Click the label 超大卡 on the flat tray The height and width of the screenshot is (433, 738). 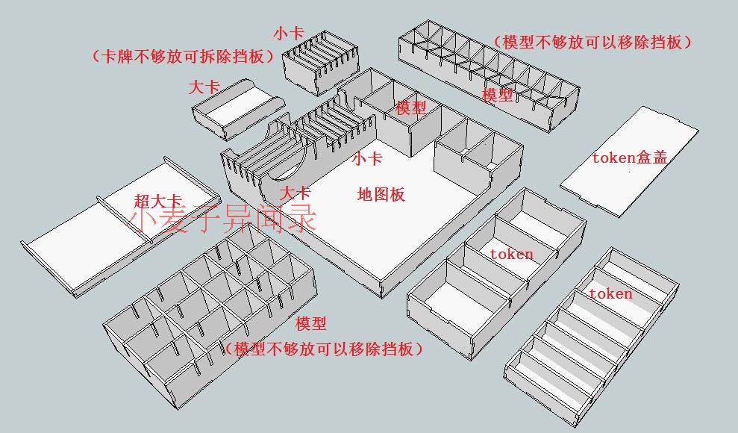click(158, 201)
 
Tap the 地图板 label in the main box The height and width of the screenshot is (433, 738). click(381, 195)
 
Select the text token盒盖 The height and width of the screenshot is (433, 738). click(629, 158)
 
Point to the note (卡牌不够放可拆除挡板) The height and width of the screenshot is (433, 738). click(180, 56)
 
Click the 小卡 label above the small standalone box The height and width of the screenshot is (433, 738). click(288, 33)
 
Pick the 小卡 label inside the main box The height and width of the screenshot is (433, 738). click(367, 158)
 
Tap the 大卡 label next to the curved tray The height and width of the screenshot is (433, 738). click(204, 87)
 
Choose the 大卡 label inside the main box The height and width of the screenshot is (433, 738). click(294, 193)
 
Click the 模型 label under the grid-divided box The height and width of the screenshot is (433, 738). click(310, 324)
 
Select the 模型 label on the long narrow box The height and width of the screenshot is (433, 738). click(497, 95)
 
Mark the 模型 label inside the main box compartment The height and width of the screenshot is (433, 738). click(410, 108)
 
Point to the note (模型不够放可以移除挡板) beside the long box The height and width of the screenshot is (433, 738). click(592, 42)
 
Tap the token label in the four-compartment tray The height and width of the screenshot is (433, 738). click(511, 254)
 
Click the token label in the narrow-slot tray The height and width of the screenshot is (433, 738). click(610, 293)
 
